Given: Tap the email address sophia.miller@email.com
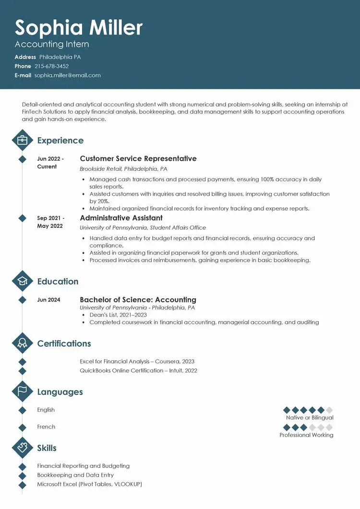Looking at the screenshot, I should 67,75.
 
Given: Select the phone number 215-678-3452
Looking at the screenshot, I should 51,66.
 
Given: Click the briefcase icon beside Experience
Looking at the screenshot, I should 22,141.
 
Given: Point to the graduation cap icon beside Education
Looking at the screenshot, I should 22,282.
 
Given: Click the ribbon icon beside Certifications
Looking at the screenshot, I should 22,343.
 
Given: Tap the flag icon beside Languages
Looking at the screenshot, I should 22,392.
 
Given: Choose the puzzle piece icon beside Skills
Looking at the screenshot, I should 22,448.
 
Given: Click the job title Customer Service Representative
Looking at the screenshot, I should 138,158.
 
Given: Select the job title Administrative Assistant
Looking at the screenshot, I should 121,218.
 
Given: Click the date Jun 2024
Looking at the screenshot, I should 48,300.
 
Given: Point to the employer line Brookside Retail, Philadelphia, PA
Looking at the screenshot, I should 123,169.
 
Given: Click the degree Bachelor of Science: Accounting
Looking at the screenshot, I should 138,300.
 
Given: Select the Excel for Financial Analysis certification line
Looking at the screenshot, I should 137,361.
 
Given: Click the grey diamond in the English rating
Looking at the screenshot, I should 329,410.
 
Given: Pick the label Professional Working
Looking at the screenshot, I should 306,435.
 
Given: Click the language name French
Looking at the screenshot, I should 46,426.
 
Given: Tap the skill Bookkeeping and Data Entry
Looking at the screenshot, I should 75,475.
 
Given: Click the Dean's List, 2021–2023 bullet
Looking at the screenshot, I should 118,315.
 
